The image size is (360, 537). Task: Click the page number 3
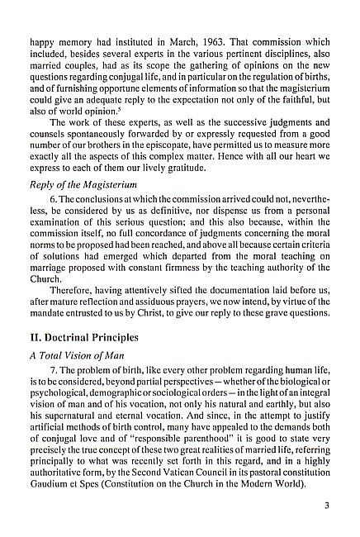[328, 506]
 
